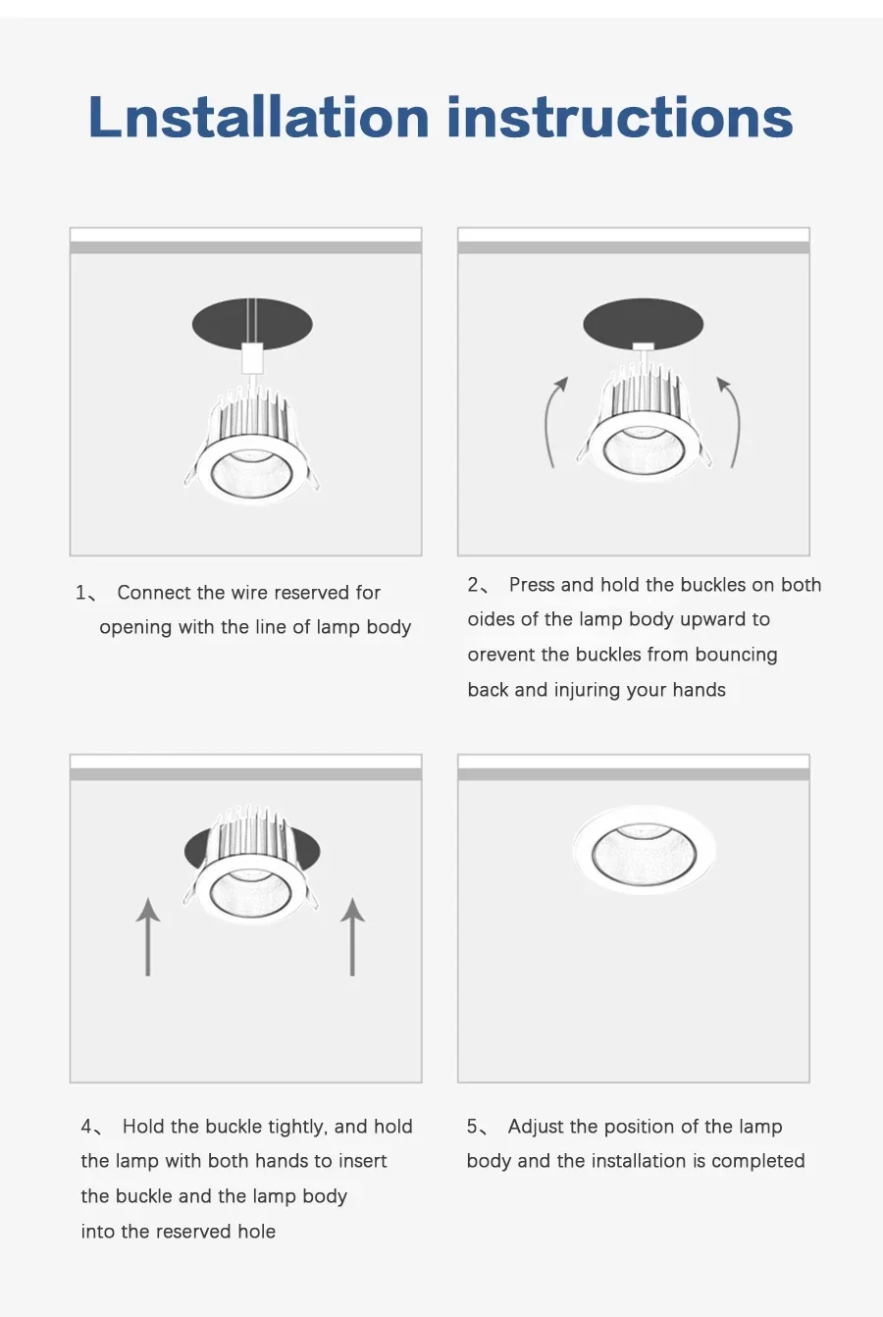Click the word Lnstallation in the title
pyautogui.click(x=259, y=117)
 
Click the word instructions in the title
pyautogui.click(x=620, y=117)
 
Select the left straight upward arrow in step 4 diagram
pyautogui.click(x=147, y=936)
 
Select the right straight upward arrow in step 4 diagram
pyautogui.click(x=352, y=936)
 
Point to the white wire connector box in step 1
pyautogui.click(x=252, y=358)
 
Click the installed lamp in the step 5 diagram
pyautogui.click(x=645, y=850)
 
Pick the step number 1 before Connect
pyautogui.click(x=81, y=593)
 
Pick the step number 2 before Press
pyautogui.click(x=474, y=585)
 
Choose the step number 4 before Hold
pyautogui.click(x=87, y=1127)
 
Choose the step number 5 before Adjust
pyautogui.click(x=473, y=1127)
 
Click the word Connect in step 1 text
pyautogui.click(x=154, y=593)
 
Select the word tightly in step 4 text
pyautogui.click(x=297, y=1127)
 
